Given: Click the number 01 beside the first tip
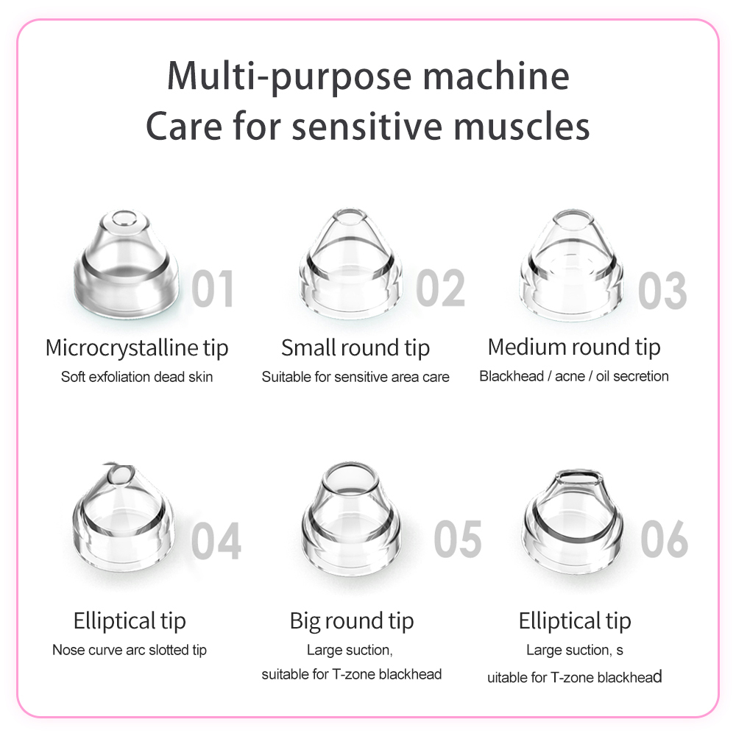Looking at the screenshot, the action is [213, 289].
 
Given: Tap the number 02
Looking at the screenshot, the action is [440, 289].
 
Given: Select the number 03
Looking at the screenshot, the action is [662, 290].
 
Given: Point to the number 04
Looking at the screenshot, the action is [216, 541].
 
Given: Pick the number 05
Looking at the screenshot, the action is [458, 539].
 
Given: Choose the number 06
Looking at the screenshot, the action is [664, 539].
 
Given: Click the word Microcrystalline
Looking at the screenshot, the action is [122, 348].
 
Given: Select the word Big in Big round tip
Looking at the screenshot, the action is [305, 621].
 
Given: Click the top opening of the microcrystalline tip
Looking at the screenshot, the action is [124, 219].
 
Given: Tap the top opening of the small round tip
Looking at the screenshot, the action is [349, 217].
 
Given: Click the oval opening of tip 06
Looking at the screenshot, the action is [580, 478].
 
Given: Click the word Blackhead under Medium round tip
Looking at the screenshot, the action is [512, 376].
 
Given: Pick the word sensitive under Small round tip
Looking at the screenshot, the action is [364, 377].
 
